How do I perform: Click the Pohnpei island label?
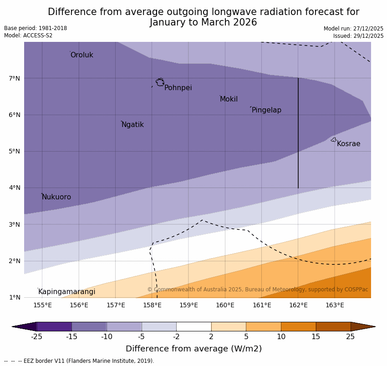coord(178,88)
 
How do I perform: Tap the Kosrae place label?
coord(348,144)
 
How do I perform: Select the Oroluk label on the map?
coord(81,55)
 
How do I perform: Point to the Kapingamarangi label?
coord(66,292)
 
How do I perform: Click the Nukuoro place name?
coord(56,197)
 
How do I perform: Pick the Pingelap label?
coord(266,110)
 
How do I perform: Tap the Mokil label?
coord(229,99)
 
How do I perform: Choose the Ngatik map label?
coord(132,125)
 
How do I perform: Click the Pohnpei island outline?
coord(160,82)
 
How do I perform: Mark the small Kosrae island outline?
coord(334,140)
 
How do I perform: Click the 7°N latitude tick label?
coord(15,78)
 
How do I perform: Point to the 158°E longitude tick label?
coord(152,305)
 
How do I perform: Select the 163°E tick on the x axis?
coord(335,305)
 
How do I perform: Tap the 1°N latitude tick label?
coord(15,297)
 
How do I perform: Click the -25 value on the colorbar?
coord(36,337)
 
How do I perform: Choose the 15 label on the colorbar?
coord(316,337)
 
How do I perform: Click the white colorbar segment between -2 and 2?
coord(193,326)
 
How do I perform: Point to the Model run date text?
coord(353,29)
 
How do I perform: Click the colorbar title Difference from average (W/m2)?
coord(193,349)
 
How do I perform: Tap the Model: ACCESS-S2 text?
coord(28,36)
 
